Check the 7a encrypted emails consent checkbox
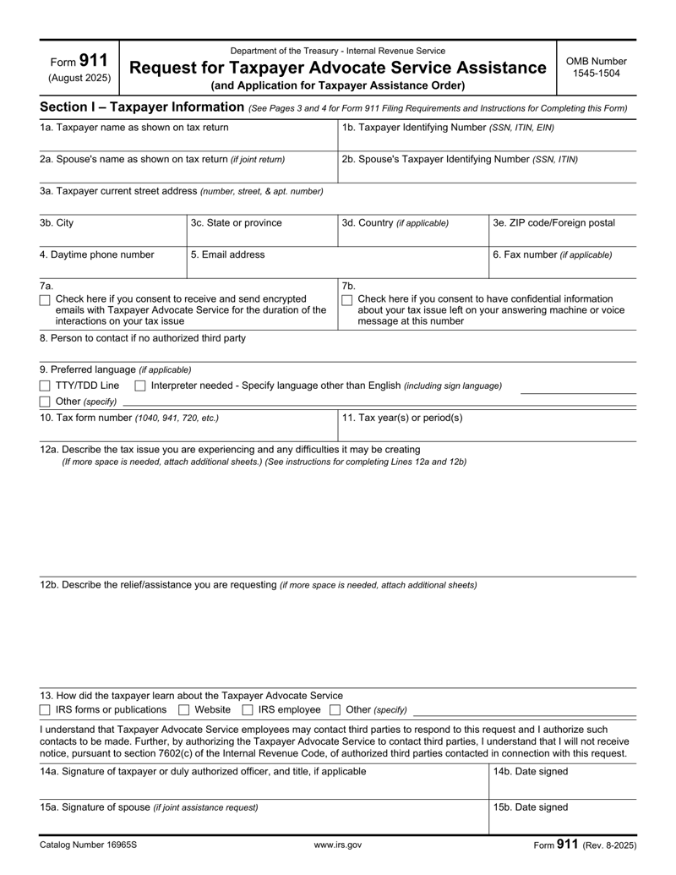[x=46, y=299]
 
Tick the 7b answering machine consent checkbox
[x=346, y=299]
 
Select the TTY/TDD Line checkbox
[x=46, y=386]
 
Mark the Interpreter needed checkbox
[x=141, y=386]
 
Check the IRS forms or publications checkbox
[x=46, y=709]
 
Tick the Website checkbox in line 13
[x=184, y=709]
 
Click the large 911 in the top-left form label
[x=93, y=61]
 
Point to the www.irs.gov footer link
[x=338, y=845]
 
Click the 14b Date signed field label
[x=531, y=772]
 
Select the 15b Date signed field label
[x=531, y=807]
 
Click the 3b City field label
[x=57, y=223]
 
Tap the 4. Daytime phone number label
[x=97, y=254]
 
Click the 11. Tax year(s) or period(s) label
[x=402, y=418]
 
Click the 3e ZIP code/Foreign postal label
[x=553, y=223]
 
